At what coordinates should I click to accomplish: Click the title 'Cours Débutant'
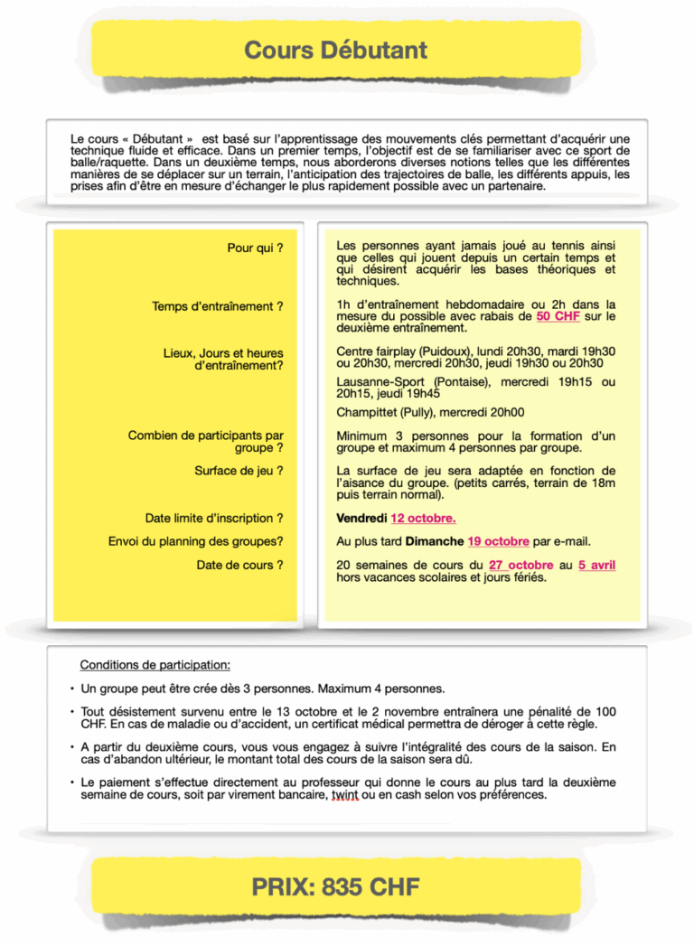[x=335, y=50]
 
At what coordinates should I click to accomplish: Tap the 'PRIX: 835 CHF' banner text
[x=335, y=887]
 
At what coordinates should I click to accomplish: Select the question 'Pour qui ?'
[x=255, y=248]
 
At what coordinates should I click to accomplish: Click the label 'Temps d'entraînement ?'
[x=218, y=306]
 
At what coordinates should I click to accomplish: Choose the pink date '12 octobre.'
[x=423, y=519]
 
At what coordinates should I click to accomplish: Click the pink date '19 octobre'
[x=498, y=541]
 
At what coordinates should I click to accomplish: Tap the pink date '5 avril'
[x=597, y=566]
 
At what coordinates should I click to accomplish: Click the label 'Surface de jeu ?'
[x=239, y=471]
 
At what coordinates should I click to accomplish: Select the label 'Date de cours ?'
[x=239, y=565]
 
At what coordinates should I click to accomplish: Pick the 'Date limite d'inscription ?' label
[x=214, y=519]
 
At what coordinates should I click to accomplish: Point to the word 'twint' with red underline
[x=345, y=795]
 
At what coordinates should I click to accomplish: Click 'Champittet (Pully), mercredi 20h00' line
[x=430, y=412]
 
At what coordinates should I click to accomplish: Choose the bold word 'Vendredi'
[x=361, y=519]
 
